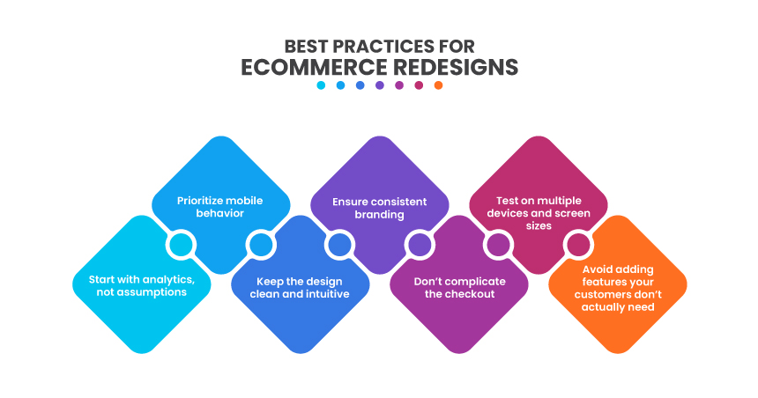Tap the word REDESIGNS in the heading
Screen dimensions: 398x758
453,67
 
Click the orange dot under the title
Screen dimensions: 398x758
438,85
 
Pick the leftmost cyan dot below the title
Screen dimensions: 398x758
321,85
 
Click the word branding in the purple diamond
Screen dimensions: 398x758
378,214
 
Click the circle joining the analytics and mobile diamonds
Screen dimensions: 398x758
181,244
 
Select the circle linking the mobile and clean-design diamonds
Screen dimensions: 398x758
260,244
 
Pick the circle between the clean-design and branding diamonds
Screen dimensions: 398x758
338,244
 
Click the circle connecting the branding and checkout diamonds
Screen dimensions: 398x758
419,244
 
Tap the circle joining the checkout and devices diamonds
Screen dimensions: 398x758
498,244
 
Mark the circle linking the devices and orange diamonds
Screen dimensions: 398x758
577,244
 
